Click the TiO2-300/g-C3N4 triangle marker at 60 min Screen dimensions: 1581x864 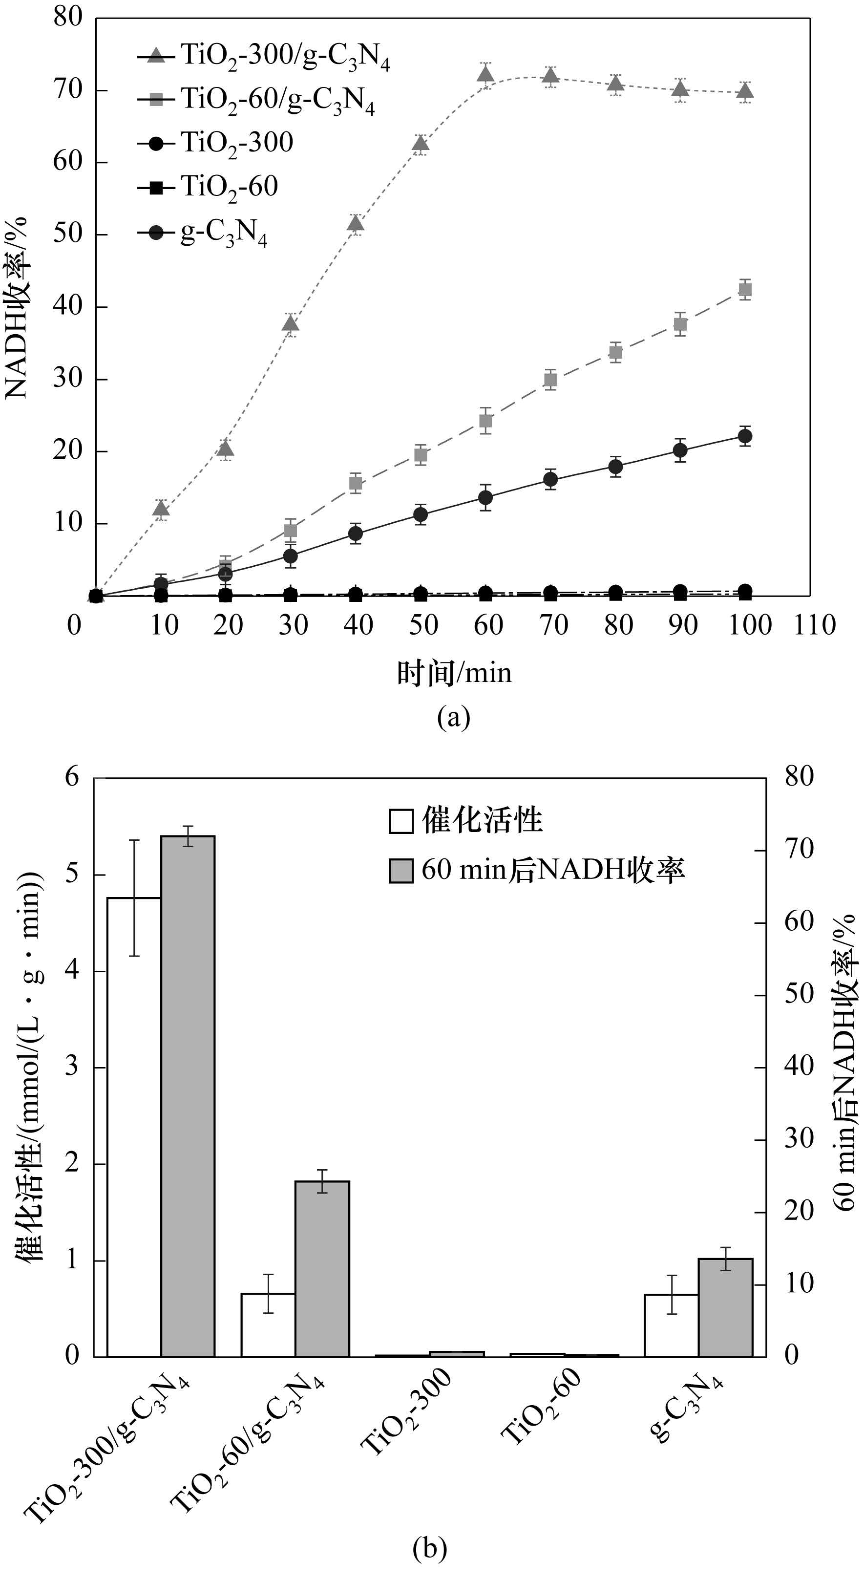485,75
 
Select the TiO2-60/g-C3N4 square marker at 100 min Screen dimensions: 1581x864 745,290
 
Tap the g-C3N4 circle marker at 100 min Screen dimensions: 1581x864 745,436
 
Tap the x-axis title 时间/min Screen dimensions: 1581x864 454,673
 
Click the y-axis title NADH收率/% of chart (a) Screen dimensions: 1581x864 17,307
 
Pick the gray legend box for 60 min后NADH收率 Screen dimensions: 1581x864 400,870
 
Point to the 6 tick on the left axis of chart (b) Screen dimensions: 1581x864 72,778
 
